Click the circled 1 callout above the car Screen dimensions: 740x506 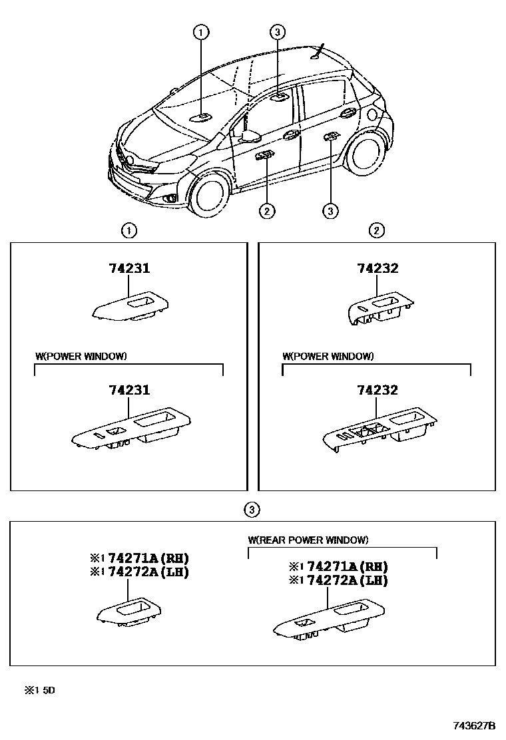click(x=201, y=31)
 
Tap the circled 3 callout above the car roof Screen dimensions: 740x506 click(x=278, y=31)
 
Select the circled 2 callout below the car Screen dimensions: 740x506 click(x=266, y=211)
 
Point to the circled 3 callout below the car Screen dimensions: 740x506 click(x=330, y=211)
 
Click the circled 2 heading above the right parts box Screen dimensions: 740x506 click(x=377, y=231)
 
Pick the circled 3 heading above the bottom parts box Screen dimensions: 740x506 click(x=251, y=510)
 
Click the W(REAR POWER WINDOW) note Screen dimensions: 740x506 click(x=308, y=540)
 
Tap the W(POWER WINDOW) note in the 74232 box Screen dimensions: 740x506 click(x=328, y=356)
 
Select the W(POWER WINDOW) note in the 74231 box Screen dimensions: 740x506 click(x=81, y=356)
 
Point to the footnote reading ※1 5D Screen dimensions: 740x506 click(x=39, y=690)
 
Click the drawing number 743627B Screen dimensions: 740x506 click(x=475, y=725)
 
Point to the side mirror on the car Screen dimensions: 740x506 click(x=250, y=136)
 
